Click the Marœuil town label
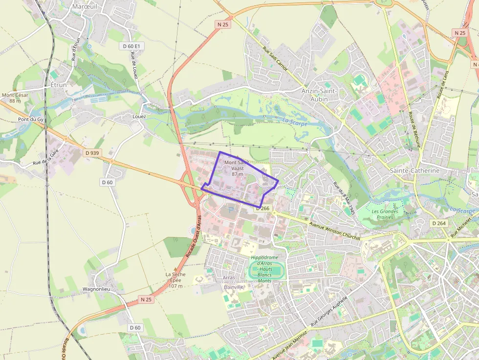85,7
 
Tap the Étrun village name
58,85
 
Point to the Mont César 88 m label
15,98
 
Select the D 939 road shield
91,153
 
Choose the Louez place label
139,117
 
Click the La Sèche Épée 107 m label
176,280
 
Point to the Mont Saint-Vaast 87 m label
237,168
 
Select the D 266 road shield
263,208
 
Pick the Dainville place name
233,287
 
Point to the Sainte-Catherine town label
415,170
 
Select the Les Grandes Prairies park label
385,214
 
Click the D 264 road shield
439,223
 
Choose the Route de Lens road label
443,82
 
